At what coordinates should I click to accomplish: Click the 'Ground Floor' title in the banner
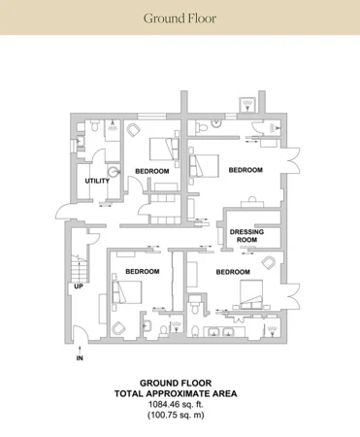180,18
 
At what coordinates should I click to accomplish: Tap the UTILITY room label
97,181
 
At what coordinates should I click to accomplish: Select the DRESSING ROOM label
246,236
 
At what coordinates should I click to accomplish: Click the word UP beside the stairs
79,286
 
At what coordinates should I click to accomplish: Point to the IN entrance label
80,358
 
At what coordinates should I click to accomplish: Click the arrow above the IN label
80,350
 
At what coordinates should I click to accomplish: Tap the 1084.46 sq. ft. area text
176,404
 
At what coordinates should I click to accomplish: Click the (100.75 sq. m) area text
176,415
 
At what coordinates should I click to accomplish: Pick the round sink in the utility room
114,172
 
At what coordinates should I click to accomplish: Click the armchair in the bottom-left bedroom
118,328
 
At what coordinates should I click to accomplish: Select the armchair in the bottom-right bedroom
268,262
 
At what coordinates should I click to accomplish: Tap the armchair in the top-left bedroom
134,131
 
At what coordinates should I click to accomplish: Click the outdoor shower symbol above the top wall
247,105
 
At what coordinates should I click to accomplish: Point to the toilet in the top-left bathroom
95,125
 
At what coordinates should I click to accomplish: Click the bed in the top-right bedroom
204,166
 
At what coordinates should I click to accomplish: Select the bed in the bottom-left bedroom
126,292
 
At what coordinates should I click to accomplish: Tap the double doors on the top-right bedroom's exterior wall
292,160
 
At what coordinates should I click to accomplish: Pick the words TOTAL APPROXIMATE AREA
176,393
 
